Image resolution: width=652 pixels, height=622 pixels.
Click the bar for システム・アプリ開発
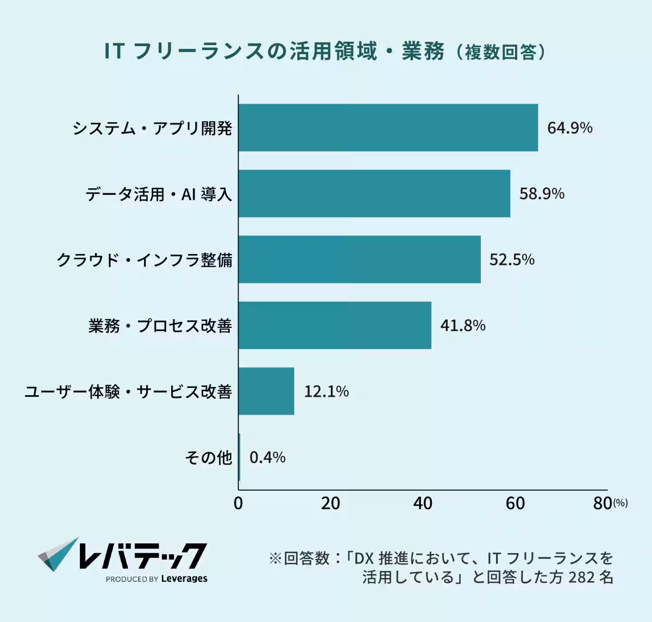tap(388, 128)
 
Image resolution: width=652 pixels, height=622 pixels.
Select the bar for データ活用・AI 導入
tap(374, 193)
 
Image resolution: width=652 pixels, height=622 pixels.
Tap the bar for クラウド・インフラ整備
tap(360, 259)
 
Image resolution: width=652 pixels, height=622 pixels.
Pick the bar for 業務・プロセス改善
tap(335, 325)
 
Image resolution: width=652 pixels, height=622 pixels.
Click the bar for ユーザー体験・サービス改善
tap(266, 391)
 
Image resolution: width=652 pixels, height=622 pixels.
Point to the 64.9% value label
tap(569, 128)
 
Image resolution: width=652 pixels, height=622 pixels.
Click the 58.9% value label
tap(542, 194)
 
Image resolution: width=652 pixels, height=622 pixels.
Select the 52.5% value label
tap(512, 259)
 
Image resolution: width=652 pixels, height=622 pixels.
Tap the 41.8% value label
tap(462, 326)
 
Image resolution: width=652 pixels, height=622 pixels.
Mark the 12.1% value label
tap(326, 391)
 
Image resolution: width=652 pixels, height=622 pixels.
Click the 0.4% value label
tap(267, 458)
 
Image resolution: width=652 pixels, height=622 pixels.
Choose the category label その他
tap(208, 458)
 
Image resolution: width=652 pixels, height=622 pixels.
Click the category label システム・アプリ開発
tap(152, 128)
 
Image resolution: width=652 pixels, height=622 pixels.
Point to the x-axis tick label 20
tap(330, 503)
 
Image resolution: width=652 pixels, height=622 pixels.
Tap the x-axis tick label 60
tap(515, 503)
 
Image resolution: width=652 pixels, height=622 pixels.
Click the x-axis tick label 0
tap(238, 503)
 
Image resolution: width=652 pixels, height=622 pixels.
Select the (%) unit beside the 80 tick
tap(620, 503)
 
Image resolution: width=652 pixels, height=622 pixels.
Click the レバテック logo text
tap(142, 555)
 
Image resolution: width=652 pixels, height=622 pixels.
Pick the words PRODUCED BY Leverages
tap(156, 579)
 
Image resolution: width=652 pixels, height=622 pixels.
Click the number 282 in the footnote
tap(581, 577)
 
